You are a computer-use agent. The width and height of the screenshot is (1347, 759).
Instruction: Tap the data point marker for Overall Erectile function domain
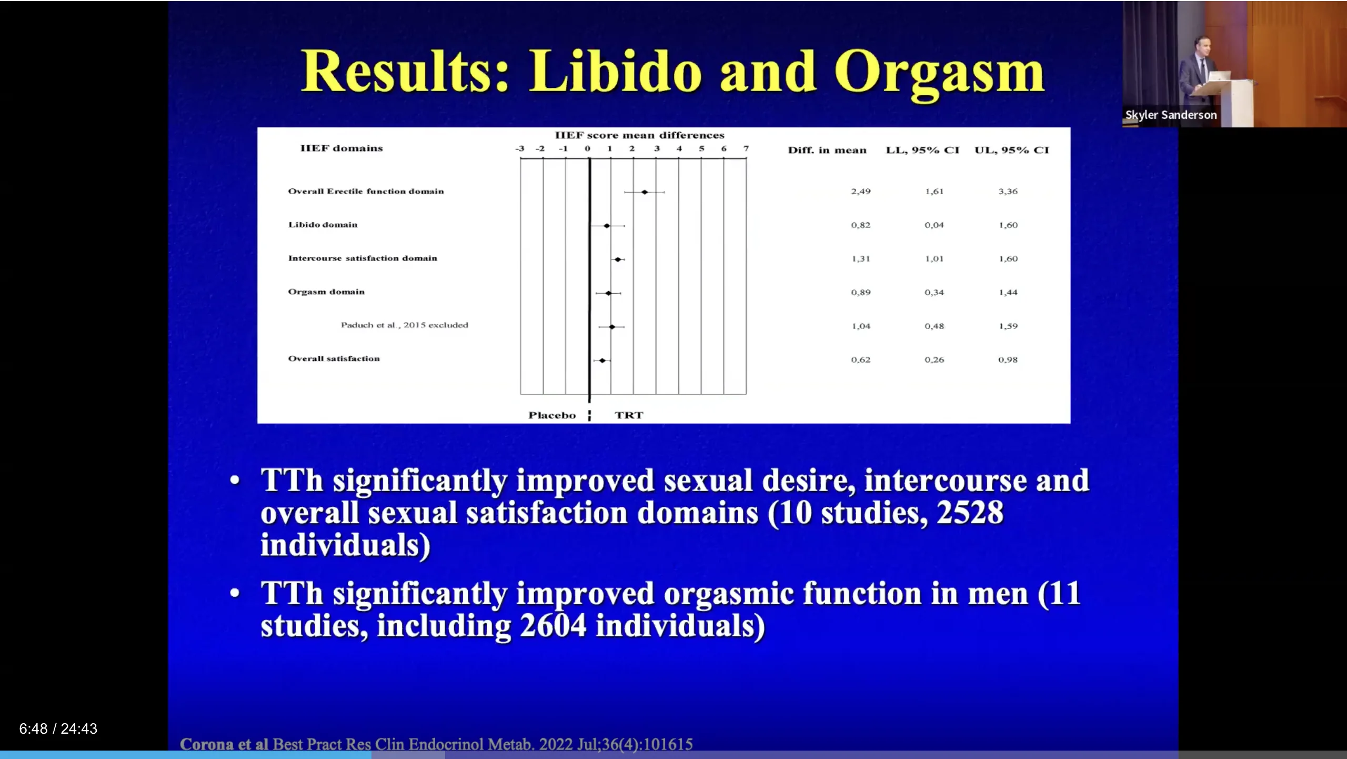tap(645, 192)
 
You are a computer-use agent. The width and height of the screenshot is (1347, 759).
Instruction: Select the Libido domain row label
tap(323, 225)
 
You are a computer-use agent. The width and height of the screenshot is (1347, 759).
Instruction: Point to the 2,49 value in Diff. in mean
tap(861, 192)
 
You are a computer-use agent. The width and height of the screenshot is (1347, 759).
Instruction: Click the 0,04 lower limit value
tap(934, 225)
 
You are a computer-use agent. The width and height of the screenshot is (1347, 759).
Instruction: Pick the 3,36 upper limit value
tap(1008, 192)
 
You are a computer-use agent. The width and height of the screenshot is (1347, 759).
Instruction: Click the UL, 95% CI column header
tap(1012, 150)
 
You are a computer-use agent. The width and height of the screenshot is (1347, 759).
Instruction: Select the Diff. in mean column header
tap(827, 150)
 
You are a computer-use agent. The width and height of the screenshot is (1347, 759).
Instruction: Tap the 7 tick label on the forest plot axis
tap(746, 149)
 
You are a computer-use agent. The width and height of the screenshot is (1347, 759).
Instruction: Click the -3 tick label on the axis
tap(520, 149)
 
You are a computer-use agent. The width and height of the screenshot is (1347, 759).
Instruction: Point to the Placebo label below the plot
tap(552, 415)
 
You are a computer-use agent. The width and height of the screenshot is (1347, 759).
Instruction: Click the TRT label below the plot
tap(629, 415)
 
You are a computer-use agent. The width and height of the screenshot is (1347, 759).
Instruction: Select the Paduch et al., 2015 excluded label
tap(405, 325)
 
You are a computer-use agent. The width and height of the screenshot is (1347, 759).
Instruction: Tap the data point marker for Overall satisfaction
tap(602, 361)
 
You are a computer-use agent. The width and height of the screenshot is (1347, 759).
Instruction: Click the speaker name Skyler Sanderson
tap(1171, 115)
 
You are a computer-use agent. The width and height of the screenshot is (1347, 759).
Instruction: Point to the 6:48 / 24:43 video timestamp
tap(58, 728)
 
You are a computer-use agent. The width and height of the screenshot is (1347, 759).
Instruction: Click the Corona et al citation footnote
tap(436, 744)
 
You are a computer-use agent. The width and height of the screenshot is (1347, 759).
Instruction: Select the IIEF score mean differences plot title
tap(639, 135)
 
